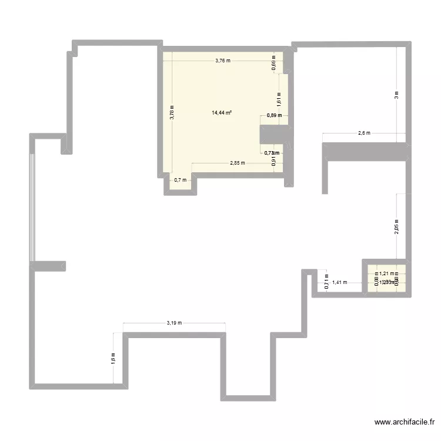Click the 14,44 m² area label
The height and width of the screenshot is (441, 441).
point(222,112)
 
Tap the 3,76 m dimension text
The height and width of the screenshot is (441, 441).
point(223,60)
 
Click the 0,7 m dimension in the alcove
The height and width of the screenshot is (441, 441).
point(180,180)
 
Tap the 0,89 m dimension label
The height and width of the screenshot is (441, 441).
point(274,115)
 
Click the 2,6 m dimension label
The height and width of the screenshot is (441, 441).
point(364,133)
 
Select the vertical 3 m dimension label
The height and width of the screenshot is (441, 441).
point(397,95)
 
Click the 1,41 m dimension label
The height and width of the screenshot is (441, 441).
point(339,282)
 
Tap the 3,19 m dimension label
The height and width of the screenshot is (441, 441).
point(175,322)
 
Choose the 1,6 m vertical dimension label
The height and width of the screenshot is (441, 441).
point(113,358)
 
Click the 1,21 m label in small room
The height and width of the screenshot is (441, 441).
point(386,273)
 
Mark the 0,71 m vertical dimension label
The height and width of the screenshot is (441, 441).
point(327,283)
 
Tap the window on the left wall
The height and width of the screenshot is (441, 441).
point(33,200)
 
